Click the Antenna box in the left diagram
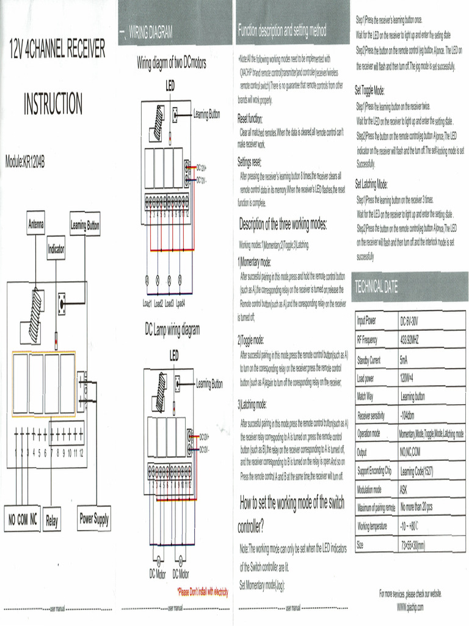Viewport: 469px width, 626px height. point(35,224)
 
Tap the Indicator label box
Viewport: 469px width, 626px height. point(56,249)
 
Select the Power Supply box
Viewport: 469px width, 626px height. point(94,519)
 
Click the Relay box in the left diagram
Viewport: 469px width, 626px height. point(52,521)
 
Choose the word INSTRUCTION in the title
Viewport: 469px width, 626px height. point(53,104)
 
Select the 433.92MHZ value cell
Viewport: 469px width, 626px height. point(413,340)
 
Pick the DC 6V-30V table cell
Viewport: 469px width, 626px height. point(413,322)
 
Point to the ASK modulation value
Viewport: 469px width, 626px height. point(404,490)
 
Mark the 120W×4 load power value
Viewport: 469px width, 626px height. point(407,378)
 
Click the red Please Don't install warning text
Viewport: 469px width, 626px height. point(202,592)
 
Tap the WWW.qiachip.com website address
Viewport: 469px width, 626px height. point(410,606)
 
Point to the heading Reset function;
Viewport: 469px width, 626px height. point(250,119)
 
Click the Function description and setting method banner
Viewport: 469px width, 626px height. point(282,31)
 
